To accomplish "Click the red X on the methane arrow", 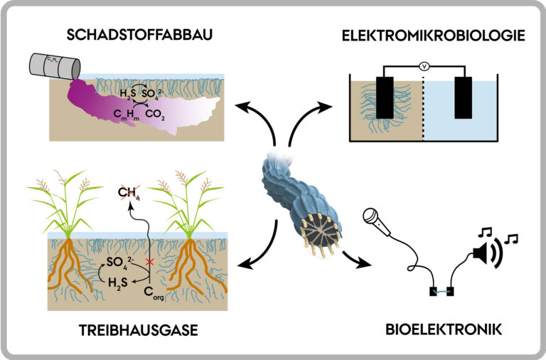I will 149,263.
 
